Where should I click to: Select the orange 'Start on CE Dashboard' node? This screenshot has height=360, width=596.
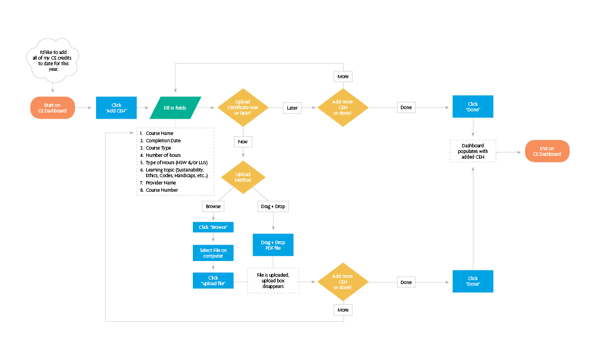tap(52, 107)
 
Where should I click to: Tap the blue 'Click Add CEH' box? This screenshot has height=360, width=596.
tap(116, 107)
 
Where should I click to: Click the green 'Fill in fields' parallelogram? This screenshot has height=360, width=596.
tap(175, 107)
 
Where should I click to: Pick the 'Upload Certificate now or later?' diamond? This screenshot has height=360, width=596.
tap(243, 107)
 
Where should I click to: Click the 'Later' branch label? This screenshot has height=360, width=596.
tap(292, 107)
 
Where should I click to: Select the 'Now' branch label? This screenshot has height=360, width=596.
tap(243, 141)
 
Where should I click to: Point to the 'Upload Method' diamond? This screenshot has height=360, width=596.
tap(243, 177)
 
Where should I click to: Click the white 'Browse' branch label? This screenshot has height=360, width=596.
tap(213, 206)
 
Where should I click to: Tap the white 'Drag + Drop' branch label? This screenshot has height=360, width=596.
tap(273, 206)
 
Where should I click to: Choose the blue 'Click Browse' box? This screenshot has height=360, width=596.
tap(213, 227)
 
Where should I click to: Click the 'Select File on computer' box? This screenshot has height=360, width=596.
tap(213, 253)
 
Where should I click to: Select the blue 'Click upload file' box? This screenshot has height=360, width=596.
tap(213, 281)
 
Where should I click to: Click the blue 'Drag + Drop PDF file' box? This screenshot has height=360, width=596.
tap(273, 245)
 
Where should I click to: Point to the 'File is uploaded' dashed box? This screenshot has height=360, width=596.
tap(273, 281)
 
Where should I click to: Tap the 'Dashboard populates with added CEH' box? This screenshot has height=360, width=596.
tap(472, 151)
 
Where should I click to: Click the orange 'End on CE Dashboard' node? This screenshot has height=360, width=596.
tap(547, 151)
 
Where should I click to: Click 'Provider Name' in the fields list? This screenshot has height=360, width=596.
tap(161, 183)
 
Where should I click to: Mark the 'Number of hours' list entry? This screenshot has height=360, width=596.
tap(163, 155)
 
